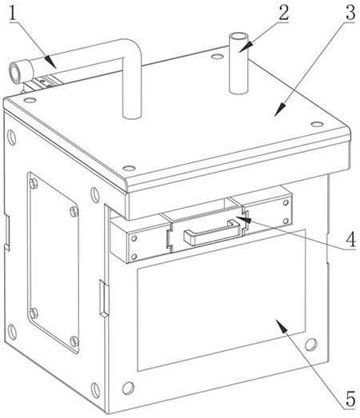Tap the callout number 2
point(284,12)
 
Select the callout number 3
point(350,12)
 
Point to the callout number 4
point(351,239)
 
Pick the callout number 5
point(350,399)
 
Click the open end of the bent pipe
point(15,72)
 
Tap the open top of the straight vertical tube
point(238,36)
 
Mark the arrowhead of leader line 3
point(280,109)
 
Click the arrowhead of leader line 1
point(50,62)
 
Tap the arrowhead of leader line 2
point(244,47)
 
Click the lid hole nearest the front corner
point(130,168)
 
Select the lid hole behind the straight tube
point(218,57)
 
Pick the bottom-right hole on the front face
point(311,344)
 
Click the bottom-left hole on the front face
point(128,388)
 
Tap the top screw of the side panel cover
point(34,183)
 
